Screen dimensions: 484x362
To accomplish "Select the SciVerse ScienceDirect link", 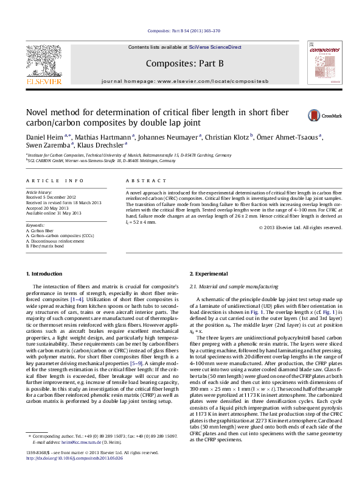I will pyautogui.click(x=215, y=47).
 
